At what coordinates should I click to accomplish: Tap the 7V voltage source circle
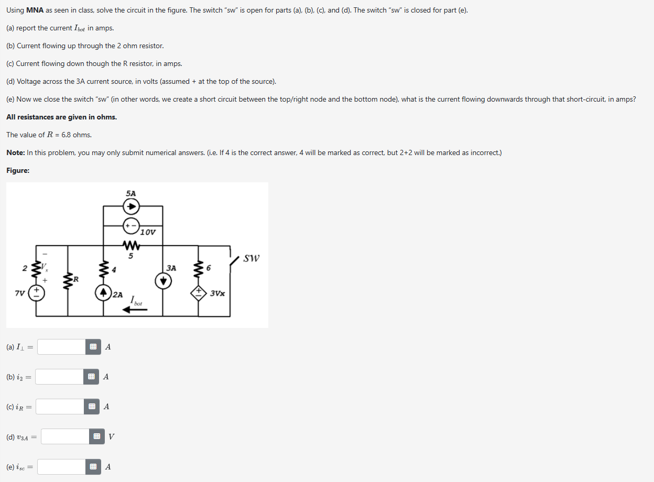pos(36,292)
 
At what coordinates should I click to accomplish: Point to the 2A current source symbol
pos(104,292)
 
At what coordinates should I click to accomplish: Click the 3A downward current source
pos(162,281)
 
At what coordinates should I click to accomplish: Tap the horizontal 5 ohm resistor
pos(130,246)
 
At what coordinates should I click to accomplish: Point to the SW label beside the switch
pos(252,258)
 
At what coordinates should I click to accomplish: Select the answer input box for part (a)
pos(61,347)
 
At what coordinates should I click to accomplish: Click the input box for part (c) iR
pos(60,407)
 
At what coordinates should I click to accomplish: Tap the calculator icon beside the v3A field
pos(96,436)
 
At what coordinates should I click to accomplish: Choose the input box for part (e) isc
pos(61,467)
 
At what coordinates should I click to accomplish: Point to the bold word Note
pos(16,152)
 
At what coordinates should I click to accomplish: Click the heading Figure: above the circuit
pos(18,170)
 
